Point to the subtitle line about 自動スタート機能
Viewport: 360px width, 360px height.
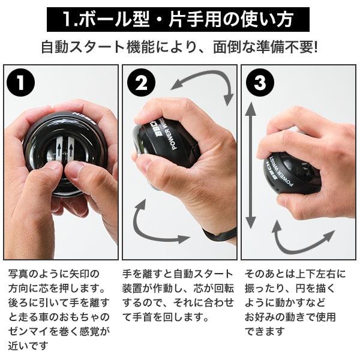coord(179,46)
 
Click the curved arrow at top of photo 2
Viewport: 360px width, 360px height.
coord(204,84)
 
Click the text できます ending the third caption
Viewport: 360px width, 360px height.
coord(264,331)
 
